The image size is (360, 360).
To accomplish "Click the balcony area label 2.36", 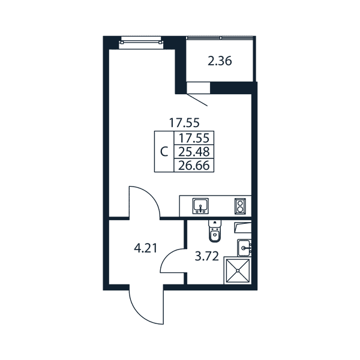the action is [220, 61].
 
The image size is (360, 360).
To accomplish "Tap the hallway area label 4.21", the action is [146, 248].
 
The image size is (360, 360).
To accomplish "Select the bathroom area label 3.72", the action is [206, 256].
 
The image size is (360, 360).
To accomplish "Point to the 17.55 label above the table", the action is [184, 123].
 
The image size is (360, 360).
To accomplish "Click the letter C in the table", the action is [164, 152].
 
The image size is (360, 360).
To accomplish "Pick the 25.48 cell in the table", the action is [194, 152].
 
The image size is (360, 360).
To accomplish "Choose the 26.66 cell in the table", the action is [194, 166].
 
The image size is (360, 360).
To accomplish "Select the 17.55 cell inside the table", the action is [194, 138].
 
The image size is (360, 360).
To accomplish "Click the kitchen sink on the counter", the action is [200, 206].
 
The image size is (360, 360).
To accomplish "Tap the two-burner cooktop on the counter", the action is [240, 206].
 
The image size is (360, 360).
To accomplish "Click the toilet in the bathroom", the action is [215, 231].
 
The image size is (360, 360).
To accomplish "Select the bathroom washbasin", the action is [244, 248].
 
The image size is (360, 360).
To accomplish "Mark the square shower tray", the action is [238, 271].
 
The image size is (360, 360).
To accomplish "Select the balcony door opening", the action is [199, 88].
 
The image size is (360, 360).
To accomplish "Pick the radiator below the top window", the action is [141, 43].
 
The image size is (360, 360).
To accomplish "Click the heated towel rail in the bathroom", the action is [242, 228].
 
